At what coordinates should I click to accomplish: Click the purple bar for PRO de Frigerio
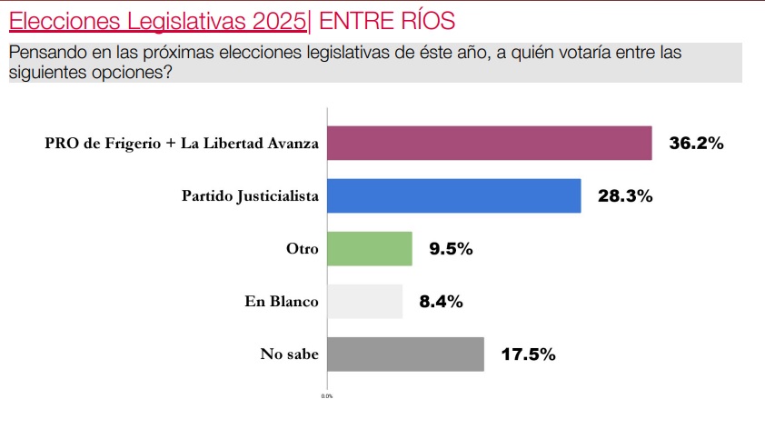[x=489, y=143]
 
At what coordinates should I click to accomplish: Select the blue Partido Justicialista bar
[x=453, y=195]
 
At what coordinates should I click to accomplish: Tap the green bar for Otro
[x=369, y=248]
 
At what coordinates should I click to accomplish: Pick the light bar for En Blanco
[x=363, y=301]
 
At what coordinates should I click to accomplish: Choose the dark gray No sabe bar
[x=404, y=354]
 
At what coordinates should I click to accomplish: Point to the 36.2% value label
[x=696, y=143]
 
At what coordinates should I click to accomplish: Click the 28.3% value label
[x=625, y=195]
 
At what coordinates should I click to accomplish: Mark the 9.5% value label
[x=451, y=248]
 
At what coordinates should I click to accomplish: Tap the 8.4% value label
[x=441, y=301]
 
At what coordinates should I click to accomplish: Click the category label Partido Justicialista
[x=250, y=196]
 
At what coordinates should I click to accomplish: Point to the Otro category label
[x=302, y=248]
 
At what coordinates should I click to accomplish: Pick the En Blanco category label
[x=282, y=301]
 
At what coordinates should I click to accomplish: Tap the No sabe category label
[x=290, y=354]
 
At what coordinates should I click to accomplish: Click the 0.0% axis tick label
[x=327, y=397]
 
